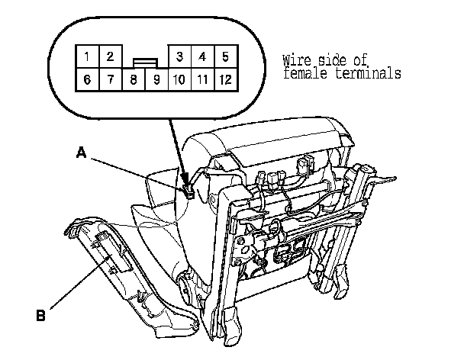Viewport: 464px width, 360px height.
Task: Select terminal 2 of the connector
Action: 110,56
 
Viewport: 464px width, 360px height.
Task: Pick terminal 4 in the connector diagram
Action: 201,56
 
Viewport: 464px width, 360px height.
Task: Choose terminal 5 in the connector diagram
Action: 225,56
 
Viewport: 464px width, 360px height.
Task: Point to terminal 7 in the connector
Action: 111,79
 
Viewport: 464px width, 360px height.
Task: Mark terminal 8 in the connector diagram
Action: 134,79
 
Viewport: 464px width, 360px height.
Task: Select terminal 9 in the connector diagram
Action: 156,79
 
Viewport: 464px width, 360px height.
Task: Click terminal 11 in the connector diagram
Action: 201,79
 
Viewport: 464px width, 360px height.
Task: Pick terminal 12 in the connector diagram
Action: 225,79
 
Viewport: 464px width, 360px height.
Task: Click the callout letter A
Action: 80,153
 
